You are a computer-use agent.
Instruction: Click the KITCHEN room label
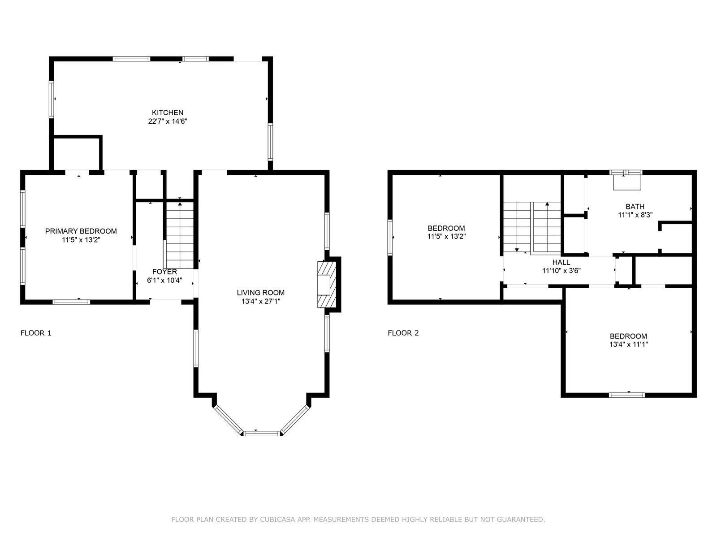click(x=168, y=113)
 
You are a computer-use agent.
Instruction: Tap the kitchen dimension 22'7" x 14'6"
click(x=168, y=121)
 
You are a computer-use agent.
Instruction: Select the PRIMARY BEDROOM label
click(x=81, y=231)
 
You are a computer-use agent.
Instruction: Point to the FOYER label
click(x=164, y=272)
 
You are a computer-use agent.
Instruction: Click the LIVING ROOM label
click(x=261, y=293)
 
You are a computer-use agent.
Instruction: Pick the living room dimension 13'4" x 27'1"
click(x=261, y=301)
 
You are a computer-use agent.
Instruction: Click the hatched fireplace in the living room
click(x=327, y=285)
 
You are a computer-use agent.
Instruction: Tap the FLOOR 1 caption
click(x=36, y=333)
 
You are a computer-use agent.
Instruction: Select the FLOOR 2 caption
click(x=403, y=333)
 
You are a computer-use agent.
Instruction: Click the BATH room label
click(x=635, y=207)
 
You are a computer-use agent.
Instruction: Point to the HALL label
click(x=561, y=262)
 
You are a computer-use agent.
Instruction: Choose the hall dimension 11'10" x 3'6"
click(x=562, y=271)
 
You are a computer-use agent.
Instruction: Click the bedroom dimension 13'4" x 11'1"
click(x=628, y=344)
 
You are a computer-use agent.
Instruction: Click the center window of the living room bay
click(x=262, y=434)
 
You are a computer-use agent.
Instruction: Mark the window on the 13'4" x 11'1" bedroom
click(x=627, y=395)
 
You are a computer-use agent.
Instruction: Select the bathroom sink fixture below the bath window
click(x=627, y=183)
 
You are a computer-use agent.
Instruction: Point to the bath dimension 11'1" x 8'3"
click(x=635, y=215)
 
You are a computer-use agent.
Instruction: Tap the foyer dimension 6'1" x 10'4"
click(x=164, y=280)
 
